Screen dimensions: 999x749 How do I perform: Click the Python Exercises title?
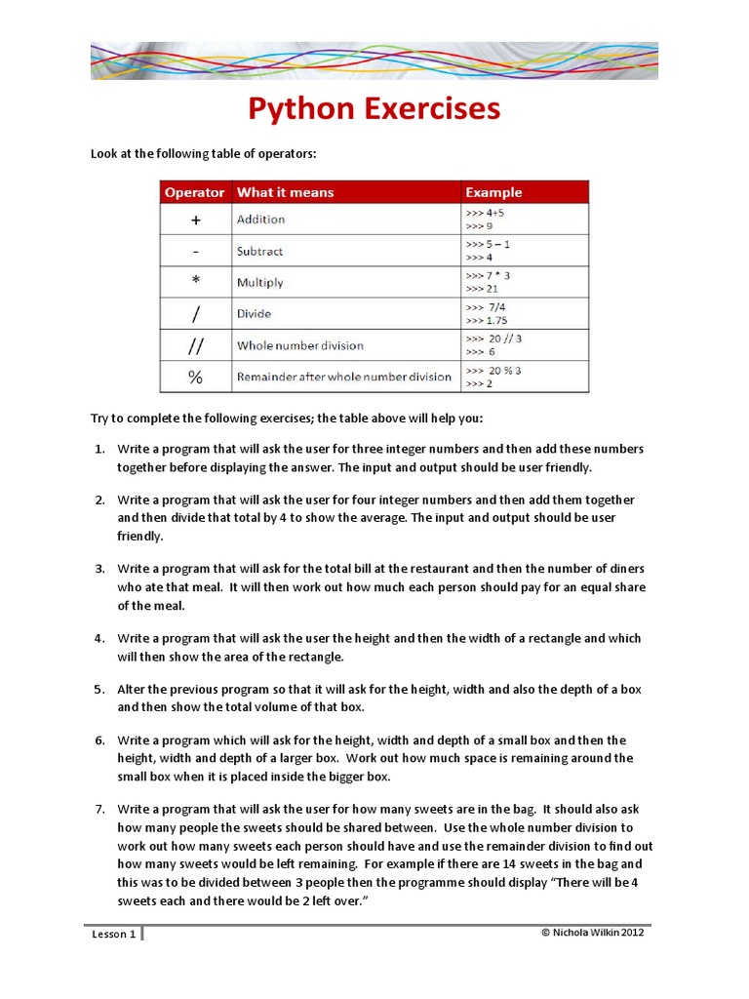point(374,109)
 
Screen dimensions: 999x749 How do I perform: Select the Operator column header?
point(194,192)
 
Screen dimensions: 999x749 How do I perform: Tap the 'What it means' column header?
point(285,192)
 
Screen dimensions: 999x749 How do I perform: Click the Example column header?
point(493,192)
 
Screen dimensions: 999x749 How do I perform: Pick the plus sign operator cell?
point(195,220)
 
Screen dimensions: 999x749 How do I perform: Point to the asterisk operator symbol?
point(195,282)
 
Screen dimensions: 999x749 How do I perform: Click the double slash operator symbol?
point(195,345)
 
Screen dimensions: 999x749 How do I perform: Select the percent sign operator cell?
point(195,377)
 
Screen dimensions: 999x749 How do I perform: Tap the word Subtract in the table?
point(259,251)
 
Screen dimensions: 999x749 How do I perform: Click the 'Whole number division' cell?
point(299,345)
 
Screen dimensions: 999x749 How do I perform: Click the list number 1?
point(99,450)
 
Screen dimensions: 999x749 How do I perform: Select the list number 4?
point(99,638)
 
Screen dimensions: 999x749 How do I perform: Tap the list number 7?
point(99,809)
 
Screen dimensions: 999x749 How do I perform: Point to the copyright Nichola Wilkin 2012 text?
point(592,932)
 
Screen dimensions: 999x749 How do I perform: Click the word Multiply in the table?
point(259,282)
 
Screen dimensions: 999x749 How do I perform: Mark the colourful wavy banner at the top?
point(374,60)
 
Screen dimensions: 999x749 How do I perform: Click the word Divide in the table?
point(254,314)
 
